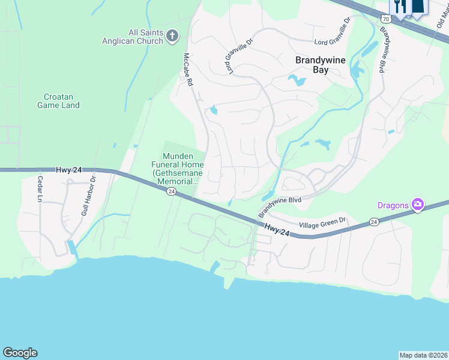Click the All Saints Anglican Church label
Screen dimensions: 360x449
pos(146,37)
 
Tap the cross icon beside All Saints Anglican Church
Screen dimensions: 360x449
pos(172,36)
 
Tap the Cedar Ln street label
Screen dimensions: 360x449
pos(40,188)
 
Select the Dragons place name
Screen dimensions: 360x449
pos(393,205)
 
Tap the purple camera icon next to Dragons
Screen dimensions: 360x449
pos(417,205)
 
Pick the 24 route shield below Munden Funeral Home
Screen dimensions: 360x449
pos(171,191)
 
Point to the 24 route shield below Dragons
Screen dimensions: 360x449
pos(375,222)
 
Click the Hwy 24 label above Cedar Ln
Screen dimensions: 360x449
pos(69,170)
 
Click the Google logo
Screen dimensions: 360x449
pos(20,353)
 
